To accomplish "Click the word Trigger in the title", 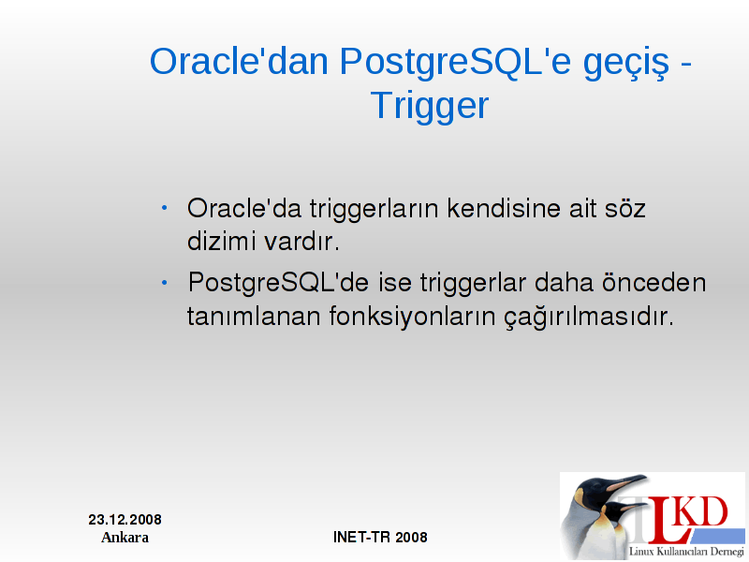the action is pos(430,106).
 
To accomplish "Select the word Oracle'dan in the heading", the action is pos(240,61).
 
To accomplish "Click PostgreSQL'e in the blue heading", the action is pos(455,63).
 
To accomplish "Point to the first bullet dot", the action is pos(165,208).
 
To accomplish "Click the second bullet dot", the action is pos(165,283).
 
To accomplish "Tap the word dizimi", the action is pos(221,241).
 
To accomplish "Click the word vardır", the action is pos(301,241).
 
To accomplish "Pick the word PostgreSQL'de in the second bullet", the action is pos(278,283).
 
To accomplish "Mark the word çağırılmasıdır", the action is pos(589,318).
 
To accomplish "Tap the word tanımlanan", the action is pos(254,317).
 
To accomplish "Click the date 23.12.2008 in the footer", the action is pos(125,520).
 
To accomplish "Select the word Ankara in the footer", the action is pos(125,537).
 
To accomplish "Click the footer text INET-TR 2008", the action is pos(380,537).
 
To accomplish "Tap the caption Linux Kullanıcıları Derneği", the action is pos(686,552).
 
